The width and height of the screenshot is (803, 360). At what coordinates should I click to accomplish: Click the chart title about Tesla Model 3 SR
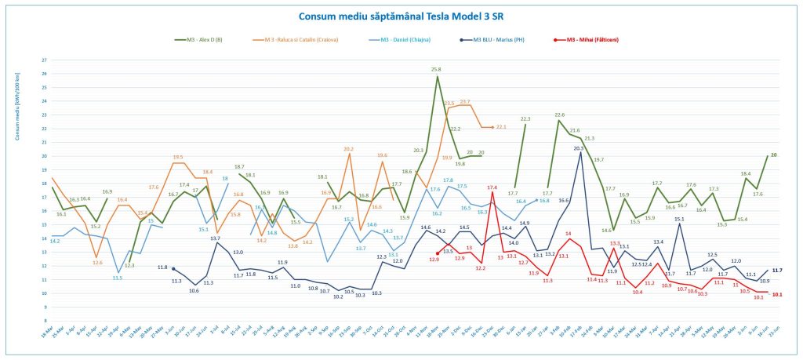(x=400, y=16)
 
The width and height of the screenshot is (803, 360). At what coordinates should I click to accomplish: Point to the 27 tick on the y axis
(x=44, y=60)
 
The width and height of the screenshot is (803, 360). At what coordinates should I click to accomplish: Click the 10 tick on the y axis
(x=44, y=293)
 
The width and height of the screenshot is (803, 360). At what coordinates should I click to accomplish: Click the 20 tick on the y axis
(x=44, y=156)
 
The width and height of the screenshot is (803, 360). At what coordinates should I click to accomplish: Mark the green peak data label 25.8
(x=436, y=69)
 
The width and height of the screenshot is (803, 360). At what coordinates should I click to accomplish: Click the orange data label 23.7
(x=465, y=102)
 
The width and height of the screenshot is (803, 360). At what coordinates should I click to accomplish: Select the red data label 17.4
(x=492, y=187)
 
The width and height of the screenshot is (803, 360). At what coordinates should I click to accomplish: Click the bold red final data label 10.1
(x=777, y=295)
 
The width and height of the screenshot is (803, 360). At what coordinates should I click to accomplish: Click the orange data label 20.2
(x=348, y=148)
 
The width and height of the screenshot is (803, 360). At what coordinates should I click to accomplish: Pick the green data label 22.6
(x=559, y=115)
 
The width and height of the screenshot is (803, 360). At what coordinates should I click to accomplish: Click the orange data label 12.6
(x=97, y=262)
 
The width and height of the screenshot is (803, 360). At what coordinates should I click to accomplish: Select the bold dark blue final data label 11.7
(x=777, y=270)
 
